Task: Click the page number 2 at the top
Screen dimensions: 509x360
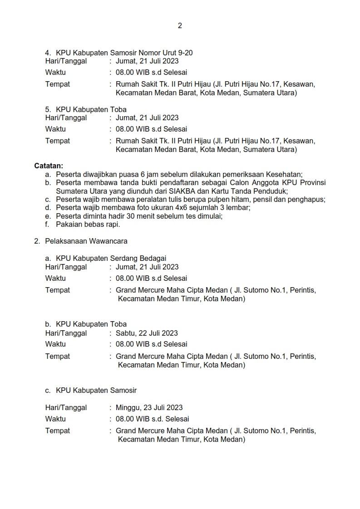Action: pyautogui.click(x=180, y=26)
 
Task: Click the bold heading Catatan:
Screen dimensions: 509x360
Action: pyautogui.click(x=49, y=166)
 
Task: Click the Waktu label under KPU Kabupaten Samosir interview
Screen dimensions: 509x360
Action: pyautogui.click(x=55, y=419)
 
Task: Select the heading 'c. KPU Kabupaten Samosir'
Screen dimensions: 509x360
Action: pyautogui.click(x=91, y=390)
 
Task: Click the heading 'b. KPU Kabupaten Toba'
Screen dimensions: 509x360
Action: pyautogui.click(x=86, y=324)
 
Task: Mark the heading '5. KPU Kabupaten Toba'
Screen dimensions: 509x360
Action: pyautogui.click(x=86, y=109)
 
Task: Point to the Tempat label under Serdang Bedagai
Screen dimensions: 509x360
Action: pyautogui.click(x=58, y=290)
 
